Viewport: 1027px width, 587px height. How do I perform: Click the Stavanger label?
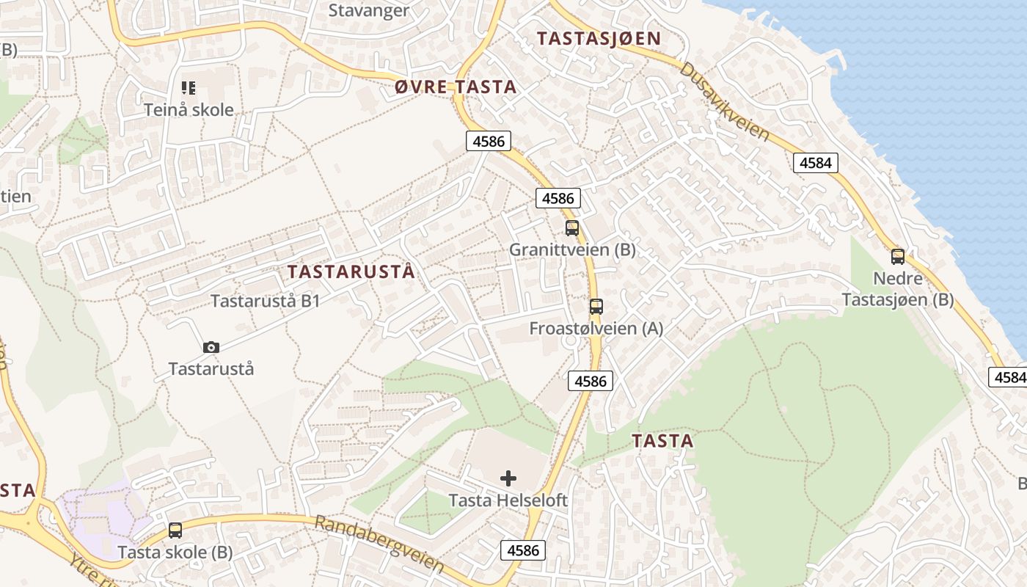pos(368,10)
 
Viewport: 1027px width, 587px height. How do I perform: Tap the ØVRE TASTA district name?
pos(456,87)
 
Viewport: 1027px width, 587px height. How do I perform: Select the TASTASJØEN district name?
pos(599,38)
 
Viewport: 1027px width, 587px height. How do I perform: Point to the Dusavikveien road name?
pos(724,102)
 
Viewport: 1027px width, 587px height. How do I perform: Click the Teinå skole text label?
pos(189,110)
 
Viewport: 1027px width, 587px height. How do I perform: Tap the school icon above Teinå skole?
pos(189,88)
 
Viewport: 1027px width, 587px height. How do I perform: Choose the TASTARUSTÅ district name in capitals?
pos(351,271)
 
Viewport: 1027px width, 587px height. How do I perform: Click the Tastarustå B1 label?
pos(265,301)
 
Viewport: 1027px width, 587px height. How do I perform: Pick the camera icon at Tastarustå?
pos(211,347)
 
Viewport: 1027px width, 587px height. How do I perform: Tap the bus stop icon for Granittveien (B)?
pos(572,228)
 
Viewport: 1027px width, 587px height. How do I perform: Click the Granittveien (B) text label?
pos(572,249)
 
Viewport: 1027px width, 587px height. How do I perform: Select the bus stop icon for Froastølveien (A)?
pos(596,307)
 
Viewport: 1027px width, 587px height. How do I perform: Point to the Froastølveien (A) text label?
pos(596,328)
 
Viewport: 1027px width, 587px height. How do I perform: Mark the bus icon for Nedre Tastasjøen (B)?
pos(898,257)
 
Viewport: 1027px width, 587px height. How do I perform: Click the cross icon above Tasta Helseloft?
pos(508,479)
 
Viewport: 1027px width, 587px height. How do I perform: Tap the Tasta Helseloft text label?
pos(508,500)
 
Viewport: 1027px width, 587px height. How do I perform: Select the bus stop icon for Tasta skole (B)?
pos(175,530)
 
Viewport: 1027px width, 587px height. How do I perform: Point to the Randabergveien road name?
pos(379,544)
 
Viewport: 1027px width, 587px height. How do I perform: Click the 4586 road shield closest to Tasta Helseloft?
pos(523,550)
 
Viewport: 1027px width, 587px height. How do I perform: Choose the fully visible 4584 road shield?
pos(816,163)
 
